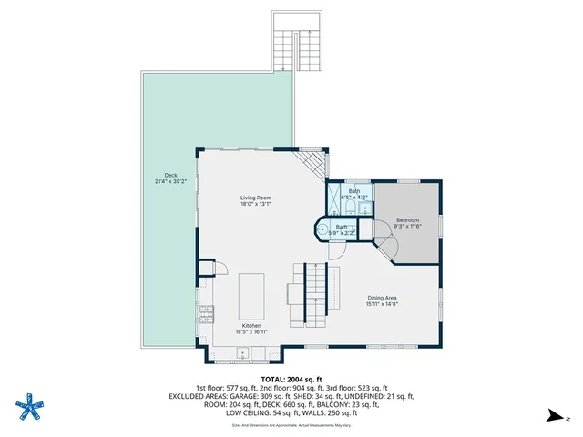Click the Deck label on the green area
tap(170, 175)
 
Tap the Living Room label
tap(256, 198)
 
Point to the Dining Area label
tap(382, 298)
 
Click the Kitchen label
tap(251, 326)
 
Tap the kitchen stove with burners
tap(205, 315)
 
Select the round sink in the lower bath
tap(322, 229)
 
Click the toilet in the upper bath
tap(364, 208)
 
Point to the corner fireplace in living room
tap(315, 165)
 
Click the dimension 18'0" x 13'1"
tap(256, 204)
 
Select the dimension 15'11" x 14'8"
tap(382, 304)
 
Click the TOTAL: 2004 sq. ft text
tap(291, 379)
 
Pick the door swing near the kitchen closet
tap(220, 267)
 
